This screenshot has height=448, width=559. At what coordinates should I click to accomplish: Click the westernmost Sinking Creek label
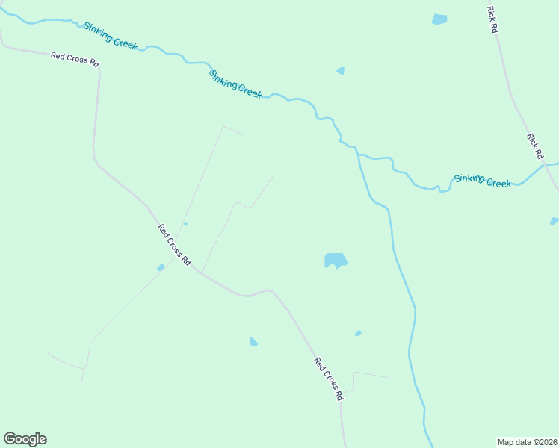tap(110, 35)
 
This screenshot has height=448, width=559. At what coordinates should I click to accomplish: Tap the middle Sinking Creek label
tap(235, 84)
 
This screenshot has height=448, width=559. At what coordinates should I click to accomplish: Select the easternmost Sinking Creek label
tap(483, 181)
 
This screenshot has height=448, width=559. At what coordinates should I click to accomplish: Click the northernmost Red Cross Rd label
tap(75, 59)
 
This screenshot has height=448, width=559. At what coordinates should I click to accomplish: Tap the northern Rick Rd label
tap(492, 19)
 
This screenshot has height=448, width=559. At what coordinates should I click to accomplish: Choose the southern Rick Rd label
tap(534, 146)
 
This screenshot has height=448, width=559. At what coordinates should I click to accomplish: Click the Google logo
tap(25, 438)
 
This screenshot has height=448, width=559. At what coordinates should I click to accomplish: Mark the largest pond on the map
tap(335, 261)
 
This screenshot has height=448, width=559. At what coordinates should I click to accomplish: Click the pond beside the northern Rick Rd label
tap(439, 19)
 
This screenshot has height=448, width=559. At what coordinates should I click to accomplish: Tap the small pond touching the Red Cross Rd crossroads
tap(161, 267)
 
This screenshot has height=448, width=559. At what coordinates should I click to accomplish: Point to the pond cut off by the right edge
tap(554, 221)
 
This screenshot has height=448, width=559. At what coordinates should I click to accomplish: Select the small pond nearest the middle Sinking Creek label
tap(341, 71)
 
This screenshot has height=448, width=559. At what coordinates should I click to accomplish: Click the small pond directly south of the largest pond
tap(358, 333)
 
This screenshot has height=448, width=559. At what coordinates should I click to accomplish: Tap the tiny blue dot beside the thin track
tap(185, 223)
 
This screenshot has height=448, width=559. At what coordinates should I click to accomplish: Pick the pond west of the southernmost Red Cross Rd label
tap(253, 342)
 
